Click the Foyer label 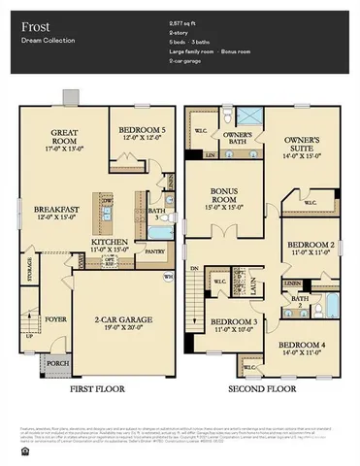56,316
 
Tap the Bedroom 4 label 303,348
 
